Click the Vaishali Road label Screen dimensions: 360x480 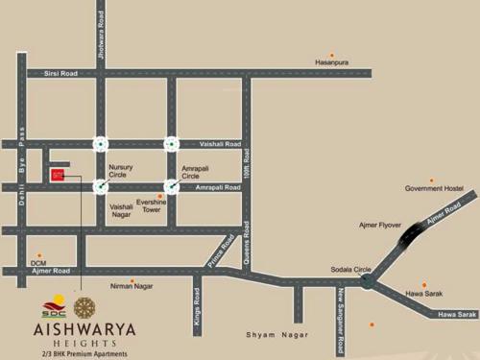pos(220,144)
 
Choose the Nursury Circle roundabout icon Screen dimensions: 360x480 pos(100,186)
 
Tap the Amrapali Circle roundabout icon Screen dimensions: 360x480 pos(171,186)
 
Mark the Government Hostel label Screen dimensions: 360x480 pos(434,188)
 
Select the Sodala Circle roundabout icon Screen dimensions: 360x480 pos(367,280)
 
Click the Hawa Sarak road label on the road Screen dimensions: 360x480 pos(457,314)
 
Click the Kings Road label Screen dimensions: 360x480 pos(197,312)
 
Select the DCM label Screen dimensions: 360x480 pos(38,261)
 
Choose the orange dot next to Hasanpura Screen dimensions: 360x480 pos(331,54)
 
